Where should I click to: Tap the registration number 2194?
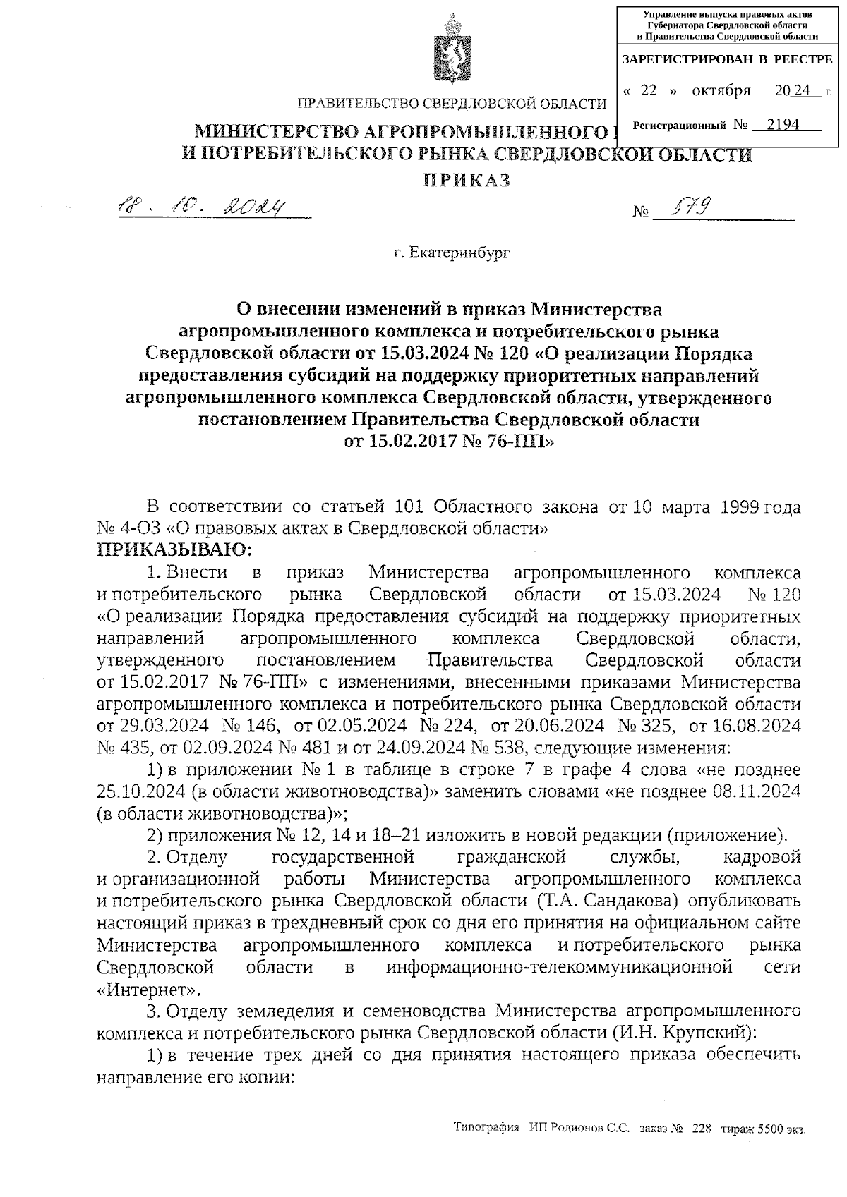click(x=783, y=125)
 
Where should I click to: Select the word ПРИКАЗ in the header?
click(x=467, y=181)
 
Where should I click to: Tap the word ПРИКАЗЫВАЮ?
click(x=174, y=549)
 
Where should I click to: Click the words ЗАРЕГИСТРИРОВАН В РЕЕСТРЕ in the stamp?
click(x=727, y=60)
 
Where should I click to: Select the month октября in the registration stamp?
click(x=721, y=91)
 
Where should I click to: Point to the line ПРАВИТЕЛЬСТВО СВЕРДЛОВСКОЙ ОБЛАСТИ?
click(x=452, y=104)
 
